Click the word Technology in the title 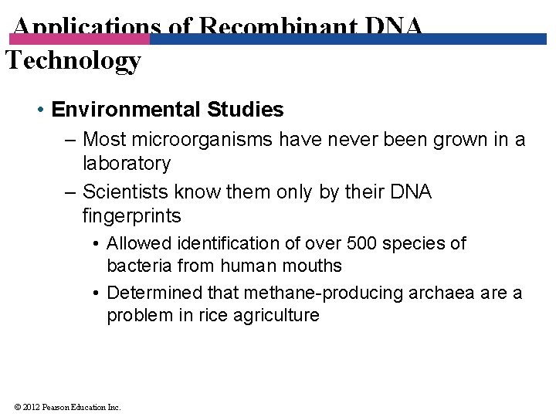(73, 60)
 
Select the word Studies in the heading (245, 110)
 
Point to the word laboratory (126, 163)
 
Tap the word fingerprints (131, 215)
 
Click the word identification (222, 243)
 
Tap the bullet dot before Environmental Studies (39, 110)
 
